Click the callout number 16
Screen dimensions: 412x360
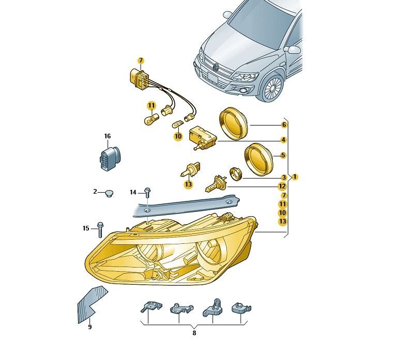[108, 136]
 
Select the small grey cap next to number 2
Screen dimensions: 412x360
[109, 194]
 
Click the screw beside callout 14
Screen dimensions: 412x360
[147, 193]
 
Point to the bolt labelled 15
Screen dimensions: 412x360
[100, 229]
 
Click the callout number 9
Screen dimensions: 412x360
[90, 327]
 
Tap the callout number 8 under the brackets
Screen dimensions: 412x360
[194, 333]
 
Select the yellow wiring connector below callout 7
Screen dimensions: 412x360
[139, 77]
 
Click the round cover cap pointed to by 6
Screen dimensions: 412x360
[233, 123]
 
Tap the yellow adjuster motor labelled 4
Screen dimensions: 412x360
[203, 137]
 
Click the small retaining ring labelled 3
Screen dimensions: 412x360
[235, 174]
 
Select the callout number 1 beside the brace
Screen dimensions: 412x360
[295, 177]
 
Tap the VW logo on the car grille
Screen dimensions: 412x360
[216, 67]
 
